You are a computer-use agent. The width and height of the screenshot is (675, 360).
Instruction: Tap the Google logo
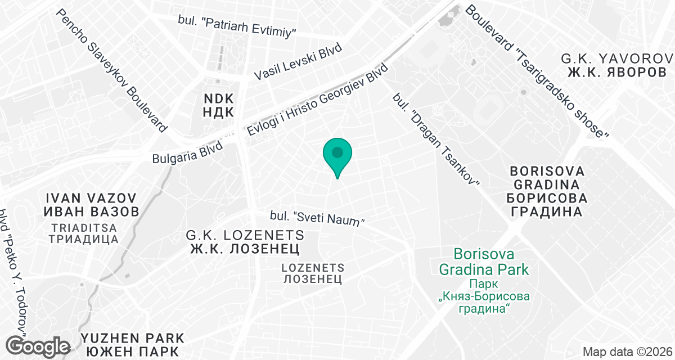pyautogui.click(x=38, y=345)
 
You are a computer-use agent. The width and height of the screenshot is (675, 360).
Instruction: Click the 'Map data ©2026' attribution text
pyautogui.click(x=627, y=352)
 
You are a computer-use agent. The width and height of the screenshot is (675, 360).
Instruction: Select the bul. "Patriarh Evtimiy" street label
pyautogui.click(x=237, y=26)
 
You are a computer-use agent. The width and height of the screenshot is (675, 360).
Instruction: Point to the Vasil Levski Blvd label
pyautogui.click(x=298, y=63)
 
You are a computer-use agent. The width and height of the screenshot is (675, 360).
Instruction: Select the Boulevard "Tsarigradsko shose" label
pyautogui.click(x=537, y=71)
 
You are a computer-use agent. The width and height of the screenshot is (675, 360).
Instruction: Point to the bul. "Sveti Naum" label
pyautogui.click(x=318, y=218)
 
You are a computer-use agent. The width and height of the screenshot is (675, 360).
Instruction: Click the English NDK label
pyautogui.click(x=218, y=98)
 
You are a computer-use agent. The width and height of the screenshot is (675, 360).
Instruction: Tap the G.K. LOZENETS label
pyautogui.click(x=245, y=235)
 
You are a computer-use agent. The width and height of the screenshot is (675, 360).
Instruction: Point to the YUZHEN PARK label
pyautogui.click(x=132, y=338)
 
